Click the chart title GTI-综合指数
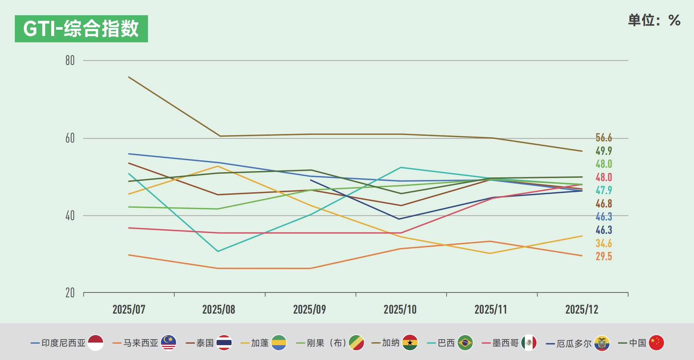81,29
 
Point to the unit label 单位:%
654,20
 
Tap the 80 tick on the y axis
70,60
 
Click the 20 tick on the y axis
70,293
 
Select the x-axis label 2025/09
309,309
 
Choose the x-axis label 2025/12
582,309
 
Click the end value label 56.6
603,138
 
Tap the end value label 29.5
603,256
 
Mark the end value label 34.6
603,243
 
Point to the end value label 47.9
603,190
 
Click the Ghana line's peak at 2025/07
129,77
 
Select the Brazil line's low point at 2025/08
218,251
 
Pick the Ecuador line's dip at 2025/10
399,219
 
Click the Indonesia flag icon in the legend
96,343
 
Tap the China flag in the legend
656,343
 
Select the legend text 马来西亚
141,343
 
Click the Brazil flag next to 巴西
465,343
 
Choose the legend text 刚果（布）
326,343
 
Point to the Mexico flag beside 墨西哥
529,343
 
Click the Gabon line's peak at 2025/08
218,166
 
